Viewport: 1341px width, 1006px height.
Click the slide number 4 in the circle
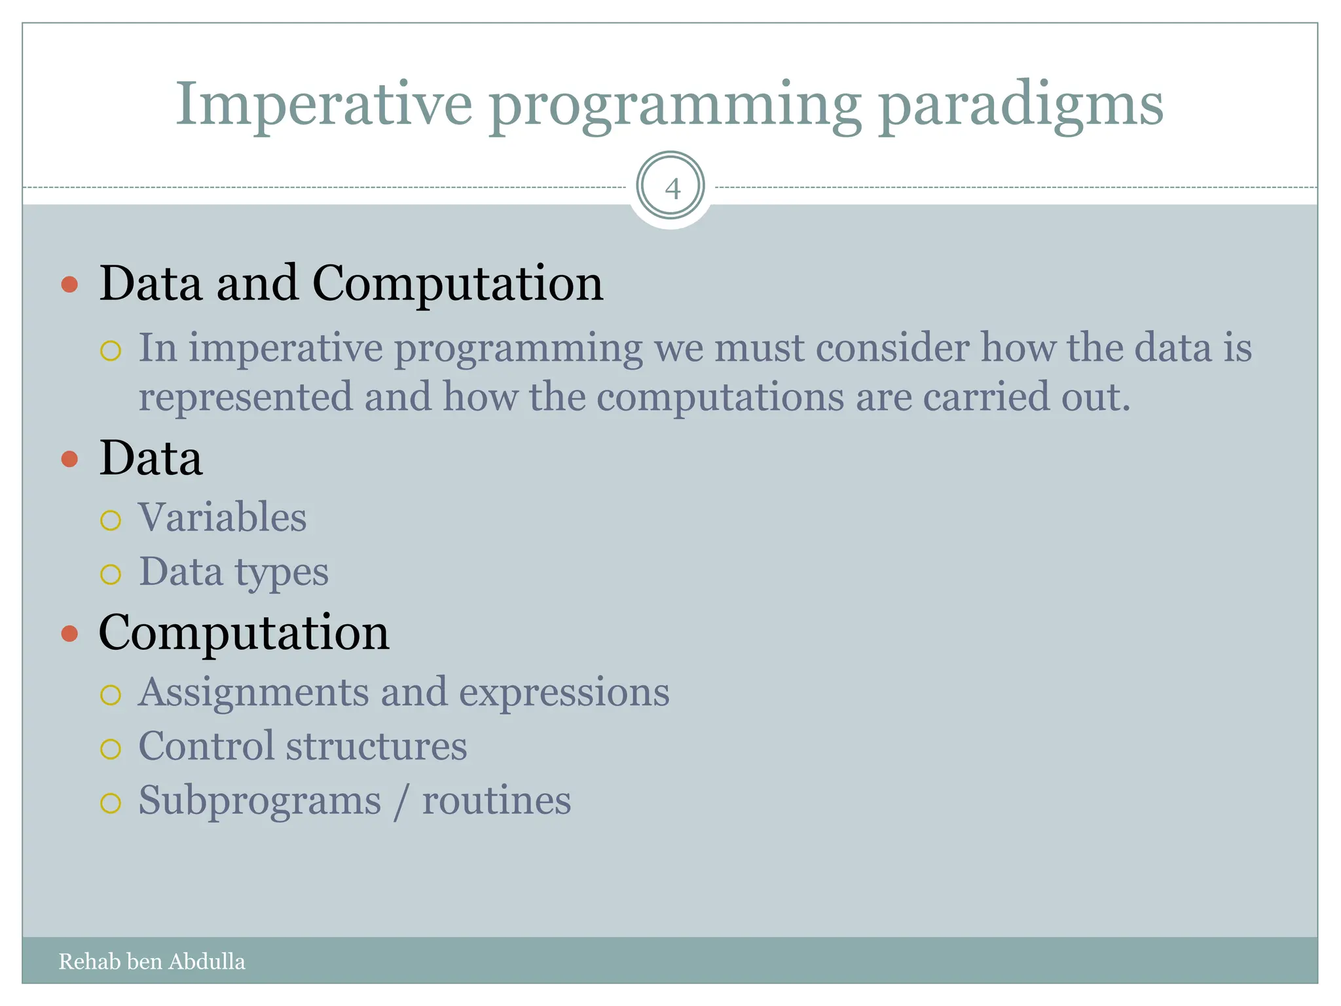coord(672,189)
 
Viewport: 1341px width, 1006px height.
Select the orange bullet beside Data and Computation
coord(69,284)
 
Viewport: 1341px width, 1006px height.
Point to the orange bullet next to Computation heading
coord(69,633)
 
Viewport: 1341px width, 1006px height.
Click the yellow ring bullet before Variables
coord(111,520)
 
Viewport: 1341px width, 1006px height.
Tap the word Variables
coord(222,517)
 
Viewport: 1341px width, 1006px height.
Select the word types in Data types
coord(281,573)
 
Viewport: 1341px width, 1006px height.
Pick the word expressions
coord(564,693)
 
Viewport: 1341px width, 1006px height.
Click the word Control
coord(206,746)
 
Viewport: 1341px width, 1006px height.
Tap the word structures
coord(377,747)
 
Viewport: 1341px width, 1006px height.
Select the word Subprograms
coord(260,801)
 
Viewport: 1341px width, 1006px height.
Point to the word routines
coord(496,801)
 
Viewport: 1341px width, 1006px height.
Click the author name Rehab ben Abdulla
coord(152,961)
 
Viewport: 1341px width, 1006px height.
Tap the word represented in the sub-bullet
coord(245,398)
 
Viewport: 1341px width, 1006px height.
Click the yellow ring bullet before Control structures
coord(111,749)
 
